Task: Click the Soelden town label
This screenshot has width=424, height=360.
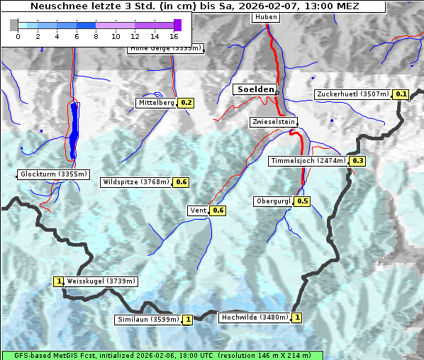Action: click(x=255, y=89)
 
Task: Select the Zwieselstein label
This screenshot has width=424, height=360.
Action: click(x=273, y=122)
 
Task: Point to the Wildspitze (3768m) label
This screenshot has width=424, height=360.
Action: click(x=136, y=182)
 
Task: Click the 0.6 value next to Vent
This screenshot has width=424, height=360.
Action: click(x=218, y=210)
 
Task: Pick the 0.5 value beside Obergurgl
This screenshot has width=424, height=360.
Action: click(x=303, y=201)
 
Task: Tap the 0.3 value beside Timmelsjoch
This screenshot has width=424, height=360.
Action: click(x=357, y=161)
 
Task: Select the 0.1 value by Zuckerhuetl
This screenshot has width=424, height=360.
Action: click(x=401, y=94)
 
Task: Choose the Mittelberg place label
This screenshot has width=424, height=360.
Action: click(x=156, y=103)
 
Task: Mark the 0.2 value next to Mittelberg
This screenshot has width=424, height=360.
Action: click(x=186, y=103)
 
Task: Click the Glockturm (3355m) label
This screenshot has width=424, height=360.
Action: click(x=54, y=174)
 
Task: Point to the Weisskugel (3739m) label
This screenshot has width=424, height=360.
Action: click(x=101, y=281)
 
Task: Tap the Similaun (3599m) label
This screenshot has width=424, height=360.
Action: click(x=148, y=320)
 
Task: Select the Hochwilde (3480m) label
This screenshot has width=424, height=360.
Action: click(x=254, y=317)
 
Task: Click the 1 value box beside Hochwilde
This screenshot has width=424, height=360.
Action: click(x=296, y=317)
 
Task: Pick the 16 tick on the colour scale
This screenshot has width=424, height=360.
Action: click(x=174, y=35)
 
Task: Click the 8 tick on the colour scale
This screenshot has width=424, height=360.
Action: click(x=96, y=35)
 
